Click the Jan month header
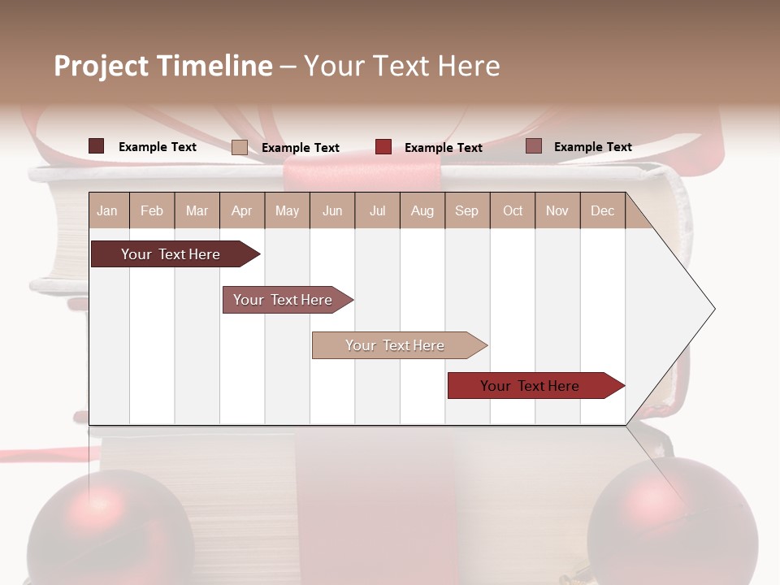tap(108, 211)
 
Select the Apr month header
tap(242, 211)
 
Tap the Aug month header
tap(422, 211)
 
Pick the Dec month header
tap(602, 211)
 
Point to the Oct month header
tap(513, 211)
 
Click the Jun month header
tap(332, 211)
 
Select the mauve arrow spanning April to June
tap(284, 300)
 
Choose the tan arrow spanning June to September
tap(396, 345)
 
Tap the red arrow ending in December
tap(532, 386)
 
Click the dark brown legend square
tap(97, 146)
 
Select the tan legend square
tap(240, 147)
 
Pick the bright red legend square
tap(383, 147)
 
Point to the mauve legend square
tap(534, 146)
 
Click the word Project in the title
tap(102, 66)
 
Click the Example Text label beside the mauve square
tap(592, 147)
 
